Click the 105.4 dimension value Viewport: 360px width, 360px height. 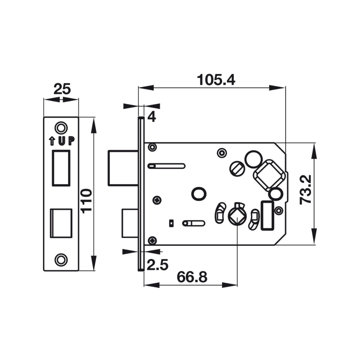click(216, 80)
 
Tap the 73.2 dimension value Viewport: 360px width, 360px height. click(306, 190)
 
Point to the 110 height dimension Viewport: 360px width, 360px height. click(87, 201)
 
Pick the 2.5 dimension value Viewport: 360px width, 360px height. click(157, 264)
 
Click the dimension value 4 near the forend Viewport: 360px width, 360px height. click(152, 117)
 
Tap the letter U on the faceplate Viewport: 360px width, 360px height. click(62, 141)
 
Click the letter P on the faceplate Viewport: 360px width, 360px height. click(71, 141)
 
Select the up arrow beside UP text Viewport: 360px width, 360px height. click(52, 141)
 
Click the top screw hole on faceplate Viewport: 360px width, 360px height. click(61, 127)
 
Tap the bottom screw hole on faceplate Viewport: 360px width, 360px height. click(61, 260)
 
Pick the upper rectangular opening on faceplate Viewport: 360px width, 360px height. click(61, 168)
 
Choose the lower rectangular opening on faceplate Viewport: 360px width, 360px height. click(61, 223)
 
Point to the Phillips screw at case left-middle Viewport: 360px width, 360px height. click(157, 200)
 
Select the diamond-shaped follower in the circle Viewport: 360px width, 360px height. click(237, 217)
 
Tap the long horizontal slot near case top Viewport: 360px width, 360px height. click(166, 166)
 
